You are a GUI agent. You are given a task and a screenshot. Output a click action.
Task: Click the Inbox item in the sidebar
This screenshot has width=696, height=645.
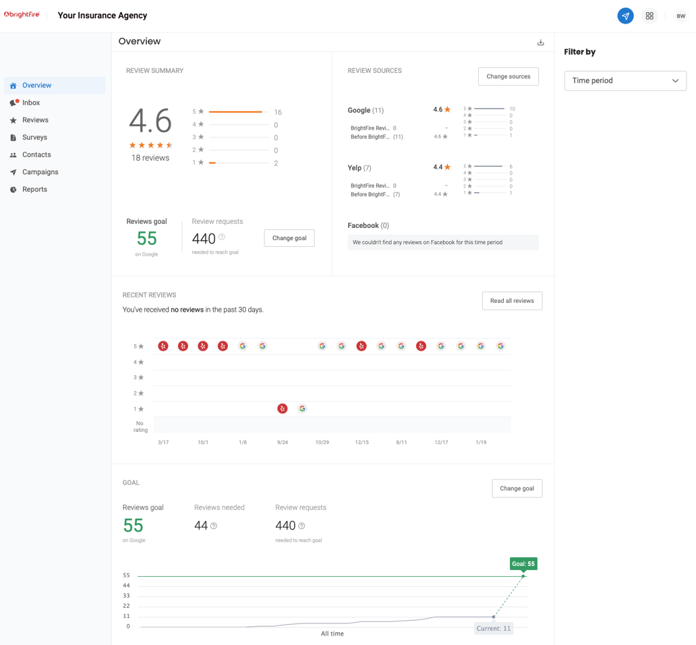[x=31, y=103]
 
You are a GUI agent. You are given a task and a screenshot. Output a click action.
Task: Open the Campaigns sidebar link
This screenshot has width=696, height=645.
[x=40, y=172]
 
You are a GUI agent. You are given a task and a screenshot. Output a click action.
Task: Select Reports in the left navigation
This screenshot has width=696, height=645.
[x=34, y=190]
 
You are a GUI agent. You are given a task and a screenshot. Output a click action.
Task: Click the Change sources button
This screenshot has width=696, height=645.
[x=508, y=76]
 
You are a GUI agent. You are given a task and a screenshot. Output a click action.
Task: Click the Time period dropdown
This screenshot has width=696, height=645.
[x=625, y=81]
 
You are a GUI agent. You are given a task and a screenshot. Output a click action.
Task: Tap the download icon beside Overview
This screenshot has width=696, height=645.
[x=540, y=43]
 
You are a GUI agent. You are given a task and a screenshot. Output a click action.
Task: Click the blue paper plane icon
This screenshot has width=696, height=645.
[x=625, y=16]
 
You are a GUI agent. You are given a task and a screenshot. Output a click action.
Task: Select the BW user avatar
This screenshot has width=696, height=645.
[x=680, y=16]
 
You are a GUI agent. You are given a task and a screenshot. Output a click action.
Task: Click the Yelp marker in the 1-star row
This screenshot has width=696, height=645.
[x=283, y=409]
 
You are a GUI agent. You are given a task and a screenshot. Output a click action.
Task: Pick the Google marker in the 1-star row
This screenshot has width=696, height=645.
[x=302, y=409]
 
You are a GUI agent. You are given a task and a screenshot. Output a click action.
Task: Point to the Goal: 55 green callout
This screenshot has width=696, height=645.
[x=523, y=564]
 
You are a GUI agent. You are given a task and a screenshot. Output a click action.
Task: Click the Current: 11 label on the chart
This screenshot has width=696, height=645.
[x=493, y=628]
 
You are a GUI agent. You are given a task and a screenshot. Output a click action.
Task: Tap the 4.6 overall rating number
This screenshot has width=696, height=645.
[x=150, y=121]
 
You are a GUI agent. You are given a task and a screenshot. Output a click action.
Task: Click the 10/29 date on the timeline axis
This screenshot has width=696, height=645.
[x=322, y=443]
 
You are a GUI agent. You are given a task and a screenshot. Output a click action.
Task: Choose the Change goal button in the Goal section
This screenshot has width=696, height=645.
[x=517, y=488]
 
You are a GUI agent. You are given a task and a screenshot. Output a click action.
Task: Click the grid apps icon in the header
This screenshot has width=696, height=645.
[x=649, y=16]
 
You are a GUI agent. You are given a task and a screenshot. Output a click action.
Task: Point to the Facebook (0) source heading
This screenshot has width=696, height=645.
[x=368, y=225]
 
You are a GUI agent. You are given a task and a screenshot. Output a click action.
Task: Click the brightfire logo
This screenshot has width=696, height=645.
[x=22, y=15]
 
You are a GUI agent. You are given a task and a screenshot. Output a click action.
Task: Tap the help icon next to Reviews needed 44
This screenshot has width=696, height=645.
[x=214, y=526]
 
